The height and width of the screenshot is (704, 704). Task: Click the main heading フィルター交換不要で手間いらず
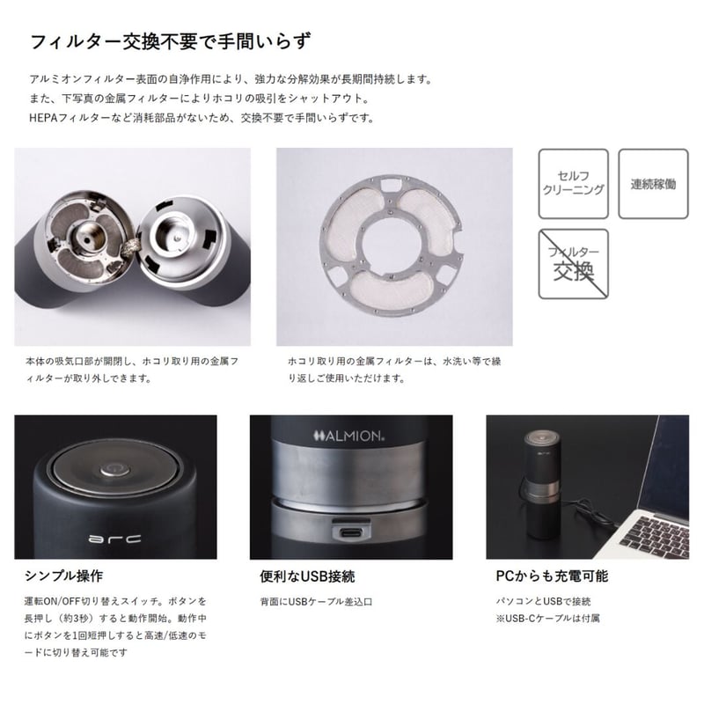click(170, 41)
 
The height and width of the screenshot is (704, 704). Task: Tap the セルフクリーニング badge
click(574, 184)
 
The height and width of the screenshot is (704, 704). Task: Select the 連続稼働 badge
click(653, 184)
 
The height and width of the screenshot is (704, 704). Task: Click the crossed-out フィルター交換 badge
click(574, 264)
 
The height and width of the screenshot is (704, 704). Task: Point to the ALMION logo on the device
click(348, 436)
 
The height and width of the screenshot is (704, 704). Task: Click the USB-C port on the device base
click(351, 533)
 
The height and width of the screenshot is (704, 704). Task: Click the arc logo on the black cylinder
click(115, 539)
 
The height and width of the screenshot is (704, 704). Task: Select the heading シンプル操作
click(63, 576)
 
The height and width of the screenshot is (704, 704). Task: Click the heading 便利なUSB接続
click(307, 576)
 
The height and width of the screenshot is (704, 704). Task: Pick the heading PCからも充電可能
click(552, 576)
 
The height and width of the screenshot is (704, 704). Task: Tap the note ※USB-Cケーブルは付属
click(547, 619)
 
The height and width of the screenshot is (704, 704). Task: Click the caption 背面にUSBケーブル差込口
click(316, 602)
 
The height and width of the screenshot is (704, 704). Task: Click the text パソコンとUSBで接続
click(543, 601)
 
